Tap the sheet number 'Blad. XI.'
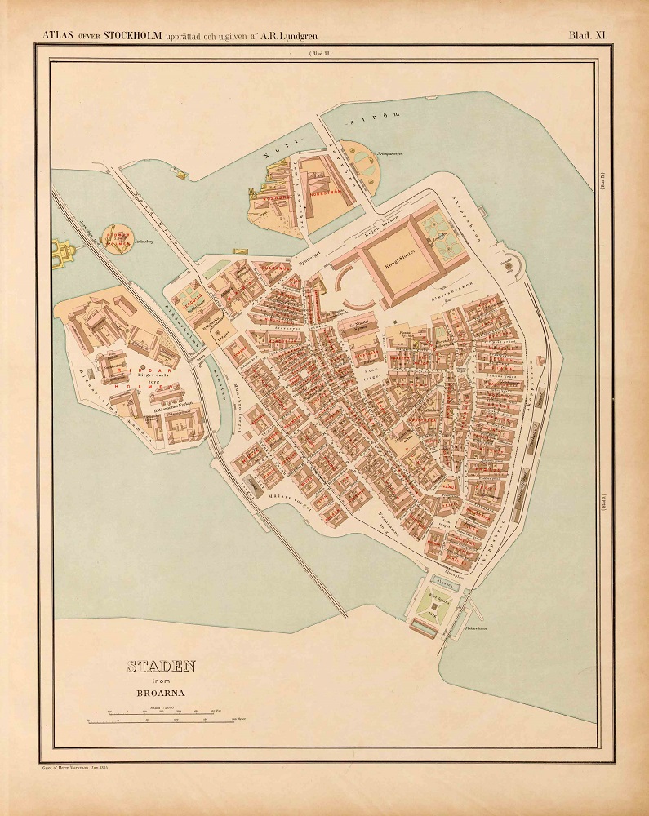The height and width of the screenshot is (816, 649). [x=594, y=34]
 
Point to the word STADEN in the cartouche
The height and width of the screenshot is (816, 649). [x=161, y=667]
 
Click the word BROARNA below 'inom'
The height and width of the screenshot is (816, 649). [x=161, y=696]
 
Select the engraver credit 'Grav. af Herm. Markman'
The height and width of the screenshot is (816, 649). [x=74, y=768]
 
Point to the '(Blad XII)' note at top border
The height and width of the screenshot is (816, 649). [x=319, y=54]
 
